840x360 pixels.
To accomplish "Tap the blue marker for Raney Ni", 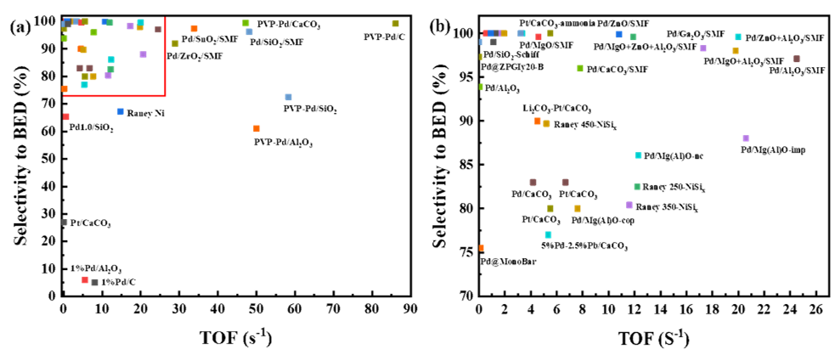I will pyautogui.click(x=121, y=112).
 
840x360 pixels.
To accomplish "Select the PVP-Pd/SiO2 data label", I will pyautogui.click(x=309, y=110).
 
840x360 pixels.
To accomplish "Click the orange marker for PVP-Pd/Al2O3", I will pyautogui.click(x=257, y=129).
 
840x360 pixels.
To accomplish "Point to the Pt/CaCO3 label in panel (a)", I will pyautogui.click(x=91, y=223).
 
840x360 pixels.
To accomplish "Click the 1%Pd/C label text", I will pyautogui.click(x=118, y=282).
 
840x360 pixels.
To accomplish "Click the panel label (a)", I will pyautogui.click(x=21, y=26).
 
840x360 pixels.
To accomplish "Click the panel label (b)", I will pyautogui.click(x=443, y=26).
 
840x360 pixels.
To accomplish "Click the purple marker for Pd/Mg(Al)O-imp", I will pyautogui.click(x=746, y=138).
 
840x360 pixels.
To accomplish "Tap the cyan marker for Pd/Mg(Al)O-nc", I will pyautogui.click(x=639, y=155).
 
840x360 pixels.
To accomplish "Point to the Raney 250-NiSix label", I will pyautogui.click(x=674, y=187).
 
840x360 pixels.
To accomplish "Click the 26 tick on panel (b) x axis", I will pyautogui.click(x=815, y=308).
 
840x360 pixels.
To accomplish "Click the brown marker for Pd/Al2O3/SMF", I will pyautogui.click(x=797, y=59).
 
